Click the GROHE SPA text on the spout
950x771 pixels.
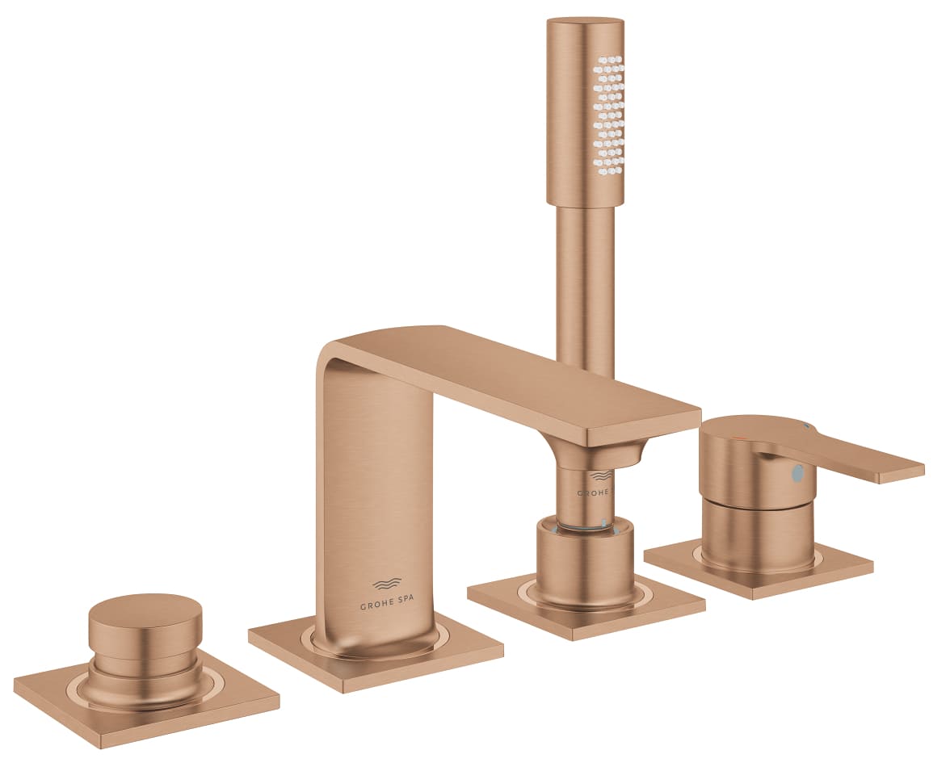389,604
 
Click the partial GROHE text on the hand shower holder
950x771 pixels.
593,492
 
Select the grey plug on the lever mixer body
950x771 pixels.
798,472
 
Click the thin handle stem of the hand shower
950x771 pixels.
586,283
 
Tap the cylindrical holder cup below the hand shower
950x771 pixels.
584,561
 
